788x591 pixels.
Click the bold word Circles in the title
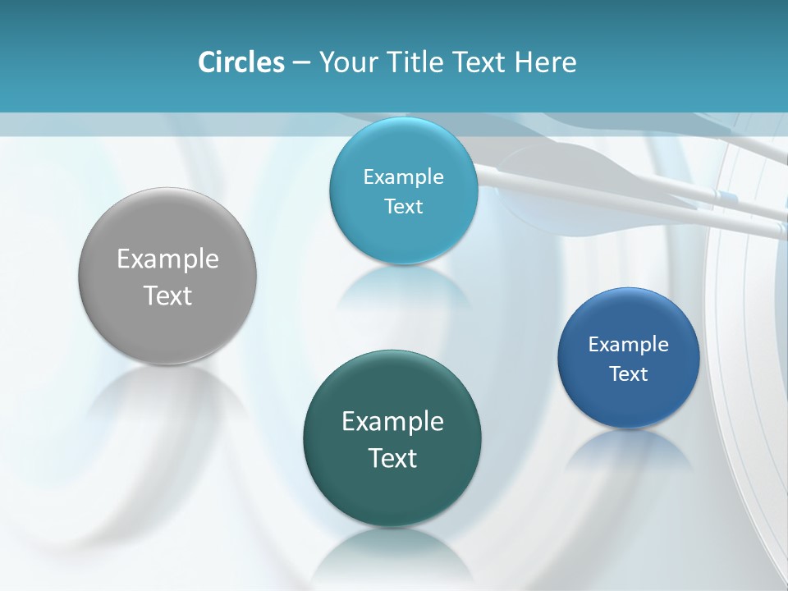241,62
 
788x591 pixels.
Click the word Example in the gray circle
167,259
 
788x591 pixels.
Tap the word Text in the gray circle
167,295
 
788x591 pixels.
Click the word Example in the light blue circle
403,177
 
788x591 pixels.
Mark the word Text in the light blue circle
403,207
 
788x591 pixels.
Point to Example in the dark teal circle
392,422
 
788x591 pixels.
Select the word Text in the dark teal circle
392,458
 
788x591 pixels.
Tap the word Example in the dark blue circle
628,345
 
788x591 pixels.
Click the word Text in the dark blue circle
628,374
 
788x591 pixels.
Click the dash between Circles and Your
300,63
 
